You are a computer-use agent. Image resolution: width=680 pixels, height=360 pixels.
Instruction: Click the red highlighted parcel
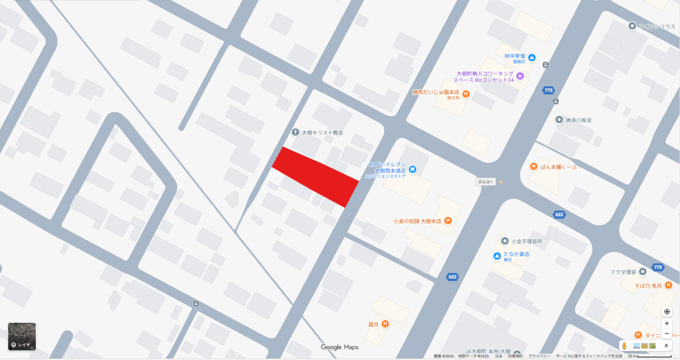click(315, 177)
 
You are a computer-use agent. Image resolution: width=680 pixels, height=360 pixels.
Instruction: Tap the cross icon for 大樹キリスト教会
click(296, 132)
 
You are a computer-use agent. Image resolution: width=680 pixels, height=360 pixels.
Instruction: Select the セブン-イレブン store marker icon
click(412, 170)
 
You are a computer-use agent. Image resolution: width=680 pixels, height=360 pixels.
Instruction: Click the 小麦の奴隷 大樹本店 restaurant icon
click(448, 221)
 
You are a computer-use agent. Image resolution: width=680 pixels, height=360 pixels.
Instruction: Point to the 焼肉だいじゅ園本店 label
click(436, 92)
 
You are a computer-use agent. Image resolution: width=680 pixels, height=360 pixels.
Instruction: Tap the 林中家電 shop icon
click(531, 57)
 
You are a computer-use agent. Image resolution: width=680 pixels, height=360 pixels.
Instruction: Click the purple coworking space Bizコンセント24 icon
click(521, 76)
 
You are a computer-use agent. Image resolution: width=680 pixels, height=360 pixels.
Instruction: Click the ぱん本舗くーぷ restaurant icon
click(533, 167)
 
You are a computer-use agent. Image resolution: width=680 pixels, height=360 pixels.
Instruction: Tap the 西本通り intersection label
click(486, 181)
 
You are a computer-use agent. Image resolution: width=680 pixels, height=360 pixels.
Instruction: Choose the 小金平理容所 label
click(527, 241)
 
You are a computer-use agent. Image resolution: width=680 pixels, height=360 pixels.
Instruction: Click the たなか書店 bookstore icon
click(497, 256)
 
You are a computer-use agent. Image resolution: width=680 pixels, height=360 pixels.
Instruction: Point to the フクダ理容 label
click(624, 272)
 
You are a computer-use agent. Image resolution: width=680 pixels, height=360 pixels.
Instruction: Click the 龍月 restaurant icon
click(384, 323)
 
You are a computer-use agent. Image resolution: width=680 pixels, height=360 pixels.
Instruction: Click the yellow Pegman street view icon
click(624, 345)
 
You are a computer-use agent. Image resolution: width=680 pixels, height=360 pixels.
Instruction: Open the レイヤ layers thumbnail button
click(22, 337)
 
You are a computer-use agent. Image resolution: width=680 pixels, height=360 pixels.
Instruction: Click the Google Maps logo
click(339, 347)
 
